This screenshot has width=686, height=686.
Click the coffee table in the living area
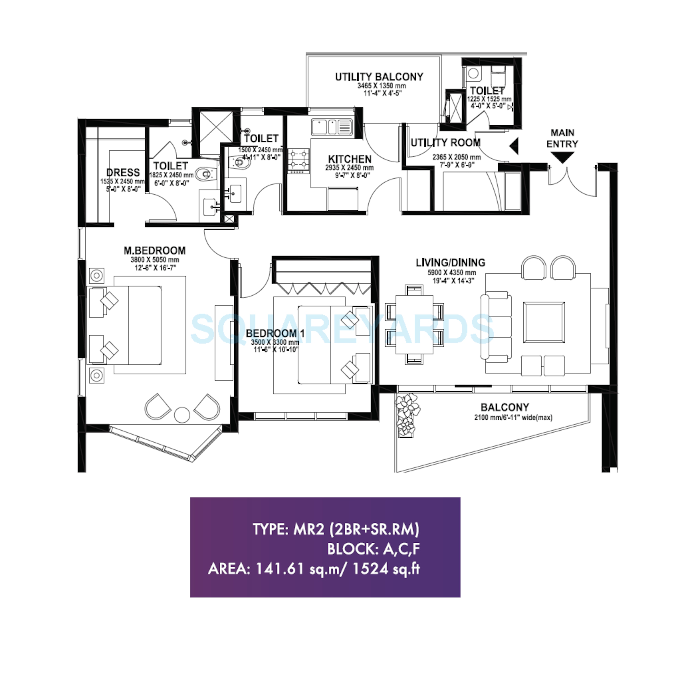point(544,322)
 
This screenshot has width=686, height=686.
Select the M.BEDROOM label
point(154,251)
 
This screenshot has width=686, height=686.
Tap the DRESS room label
point(123,173)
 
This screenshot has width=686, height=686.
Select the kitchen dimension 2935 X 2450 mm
point(349,168)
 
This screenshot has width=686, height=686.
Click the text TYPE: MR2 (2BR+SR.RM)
point(336,529)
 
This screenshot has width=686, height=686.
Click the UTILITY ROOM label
point(446,143)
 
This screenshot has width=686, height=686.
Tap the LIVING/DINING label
point(450,263)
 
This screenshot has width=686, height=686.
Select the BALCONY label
point(505,407)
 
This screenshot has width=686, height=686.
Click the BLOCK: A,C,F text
point(374,549)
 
